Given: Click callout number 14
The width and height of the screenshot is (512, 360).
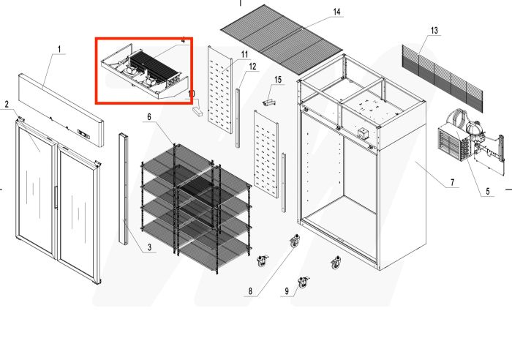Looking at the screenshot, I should tap(336, 12).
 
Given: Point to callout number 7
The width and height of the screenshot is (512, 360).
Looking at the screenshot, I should tap(453, 181).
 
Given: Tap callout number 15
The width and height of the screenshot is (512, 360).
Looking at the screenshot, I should tap(278, 79).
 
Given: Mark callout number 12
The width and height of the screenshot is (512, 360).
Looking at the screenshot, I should tap(253, 67).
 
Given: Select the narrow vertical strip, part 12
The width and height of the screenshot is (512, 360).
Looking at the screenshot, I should tap(238, 117).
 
